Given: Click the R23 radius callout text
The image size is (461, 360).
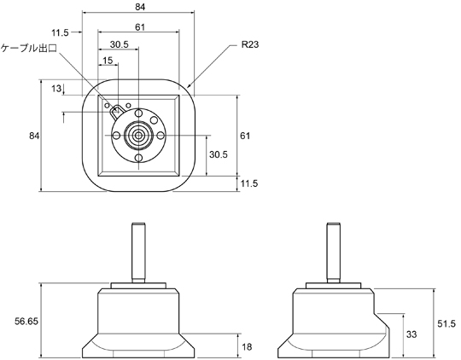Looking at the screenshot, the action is [250, 44].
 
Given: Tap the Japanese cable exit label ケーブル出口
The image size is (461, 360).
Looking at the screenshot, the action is [29, 48].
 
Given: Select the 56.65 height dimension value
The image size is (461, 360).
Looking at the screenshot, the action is [26, 322].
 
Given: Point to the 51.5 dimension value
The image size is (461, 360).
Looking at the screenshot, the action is [446, 323].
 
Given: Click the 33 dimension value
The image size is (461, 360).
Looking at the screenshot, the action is [411, 334].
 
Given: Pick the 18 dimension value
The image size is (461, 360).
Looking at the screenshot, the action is [247, 346].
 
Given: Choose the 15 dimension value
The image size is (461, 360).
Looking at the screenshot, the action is [108, 61].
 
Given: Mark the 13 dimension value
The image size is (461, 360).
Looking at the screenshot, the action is [56, 88].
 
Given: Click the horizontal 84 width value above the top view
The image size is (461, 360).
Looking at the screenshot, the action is [140, 7].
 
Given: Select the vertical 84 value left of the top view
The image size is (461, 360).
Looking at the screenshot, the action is [34, 136].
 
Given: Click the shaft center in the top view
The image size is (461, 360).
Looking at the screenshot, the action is [138, 136].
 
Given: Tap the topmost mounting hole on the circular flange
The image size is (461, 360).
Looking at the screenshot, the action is [138, 113].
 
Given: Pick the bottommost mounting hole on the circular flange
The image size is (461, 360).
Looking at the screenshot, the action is [138, 158].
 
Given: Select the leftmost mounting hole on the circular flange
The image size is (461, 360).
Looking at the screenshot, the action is [116, 136].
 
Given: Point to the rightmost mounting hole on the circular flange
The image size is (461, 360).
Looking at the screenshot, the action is [160, 136].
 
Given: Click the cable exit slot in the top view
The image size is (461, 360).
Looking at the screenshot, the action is [116, 112].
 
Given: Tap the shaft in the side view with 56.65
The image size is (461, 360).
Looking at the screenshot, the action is [138, 253].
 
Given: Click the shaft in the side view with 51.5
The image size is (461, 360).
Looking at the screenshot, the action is [334, 253].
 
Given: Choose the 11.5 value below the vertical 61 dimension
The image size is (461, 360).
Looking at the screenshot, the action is [249, 183].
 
